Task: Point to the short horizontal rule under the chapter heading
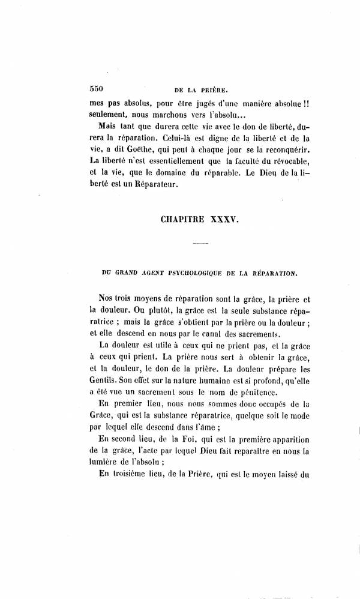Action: [x=201, y=244]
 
